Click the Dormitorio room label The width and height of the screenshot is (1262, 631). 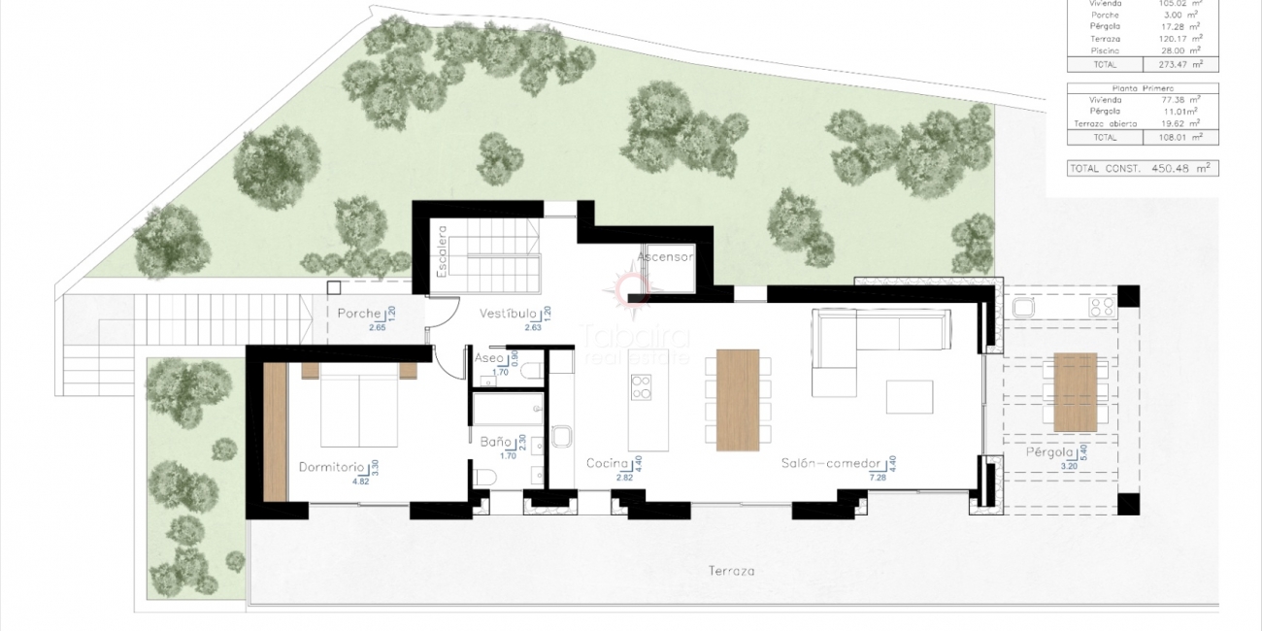coord(331,466)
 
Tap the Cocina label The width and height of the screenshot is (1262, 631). coord(609,464)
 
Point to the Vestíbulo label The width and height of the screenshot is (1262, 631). coord(508,315)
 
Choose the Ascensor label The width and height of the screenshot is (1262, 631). coord(665,257)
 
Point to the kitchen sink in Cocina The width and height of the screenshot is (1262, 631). coord(563,436)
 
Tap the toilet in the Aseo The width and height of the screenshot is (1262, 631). coord(532,370)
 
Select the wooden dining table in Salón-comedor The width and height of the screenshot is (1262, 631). coord(738,400)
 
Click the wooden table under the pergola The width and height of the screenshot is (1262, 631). coord(1075,392)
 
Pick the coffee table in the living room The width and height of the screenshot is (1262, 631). coord(909,396)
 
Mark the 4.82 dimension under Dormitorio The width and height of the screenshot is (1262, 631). coord(361,480)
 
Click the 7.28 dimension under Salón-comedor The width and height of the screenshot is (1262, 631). coord(852,478)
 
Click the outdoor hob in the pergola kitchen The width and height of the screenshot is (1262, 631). coord(1102,307)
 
